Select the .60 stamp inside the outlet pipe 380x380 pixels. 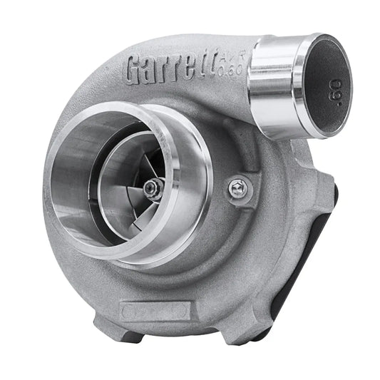(x=335, y=93)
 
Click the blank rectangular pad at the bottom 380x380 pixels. (x=155, y=312)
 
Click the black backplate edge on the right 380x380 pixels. (x=324, y=250)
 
